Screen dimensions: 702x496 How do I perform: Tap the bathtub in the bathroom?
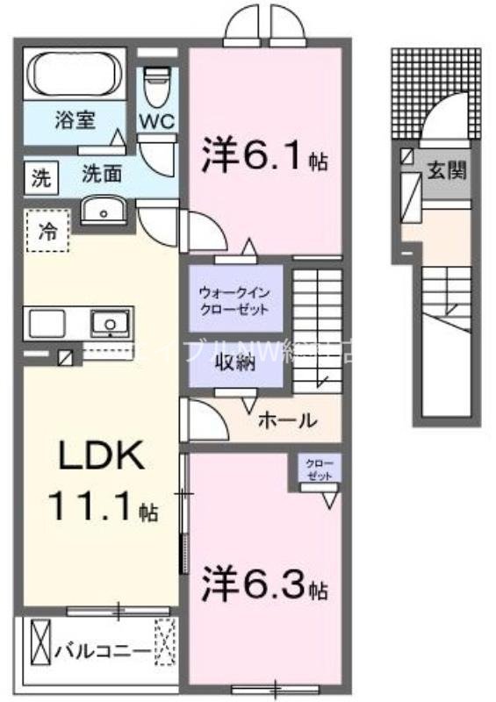[x=75, y=75]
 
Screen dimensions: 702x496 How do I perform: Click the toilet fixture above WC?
[x=158, y=83]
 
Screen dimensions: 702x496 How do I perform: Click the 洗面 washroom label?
[x=102, y=174]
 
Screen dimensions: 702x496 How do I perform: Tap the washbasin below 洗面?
[x=104, y=211]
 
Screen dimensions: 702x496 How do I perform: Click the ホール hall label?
[x=286, y=421]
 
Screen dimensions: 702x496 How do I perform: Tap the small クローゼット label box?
[x=313, y=469]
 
